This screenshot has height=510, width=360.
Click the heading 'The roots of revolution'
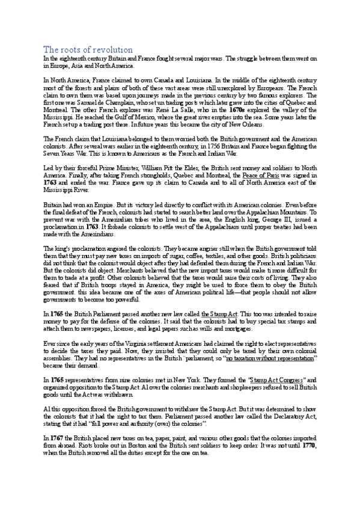tap(88, 49)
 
